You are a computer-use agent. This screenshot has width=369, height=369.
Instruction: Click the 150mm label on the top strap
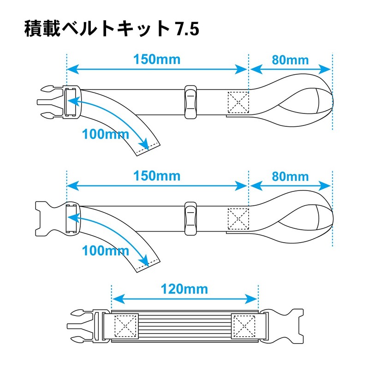tap(157, 60)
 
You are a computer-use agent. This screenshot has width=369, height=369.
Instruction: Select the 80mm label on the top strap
tap(290, 60)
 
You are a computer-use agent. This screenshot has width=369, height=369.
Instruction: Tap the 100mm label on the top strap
tap(106, 135)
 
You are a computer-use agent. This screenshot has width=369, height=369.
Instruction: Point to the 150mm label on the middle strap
tap(157, 176)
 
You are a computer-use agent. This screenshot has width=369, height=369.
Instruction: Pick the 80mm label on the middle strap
tap(290, 176)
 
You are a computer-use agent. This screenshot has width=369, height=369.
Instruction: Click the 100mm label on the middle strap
tap(106, 251)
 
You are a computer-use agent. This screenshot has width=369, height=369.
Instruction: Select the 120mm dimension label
tap(184, 290)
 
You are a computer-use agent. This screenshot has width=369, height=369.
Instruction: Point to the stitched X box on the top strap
tap(238, 102)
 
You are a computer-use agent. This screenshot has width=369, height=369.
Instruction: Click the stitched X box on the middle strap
tap(238, 218)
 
